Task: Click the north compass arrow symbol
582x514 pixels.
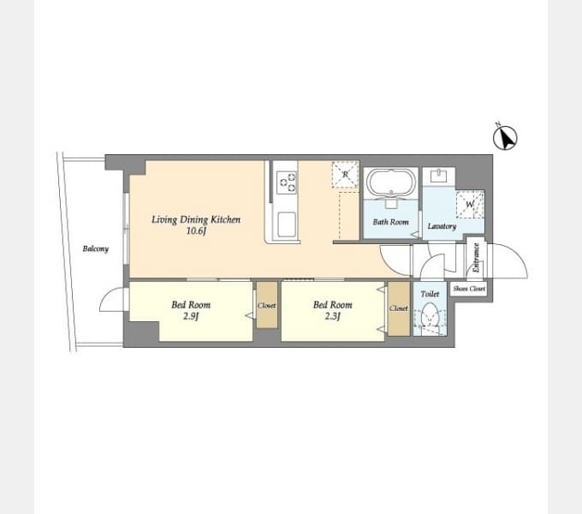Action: (505, 138)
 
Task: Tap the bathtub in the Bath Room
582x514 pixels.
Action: (391, 182)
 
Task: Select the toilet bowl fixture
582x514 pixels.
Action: (430, 319)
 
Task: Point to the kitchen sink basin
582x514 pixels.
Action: (287, 224)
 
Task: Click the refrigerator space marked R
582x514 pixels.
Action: (346, 175)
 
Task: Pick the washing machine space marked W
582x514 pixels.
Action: (470, 204)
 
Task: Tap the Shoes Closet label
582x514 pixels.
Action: (469, 289)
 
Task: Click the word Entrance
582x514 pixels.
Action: (477, 257)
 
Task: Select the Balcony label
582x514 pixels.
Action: (96, 248)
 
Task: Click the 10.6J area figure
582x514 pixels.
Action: (196, 231)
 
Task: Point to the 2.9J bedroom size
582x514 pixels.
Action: (191, 316)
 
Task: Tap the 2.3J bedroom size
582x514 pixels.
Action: (333, 316)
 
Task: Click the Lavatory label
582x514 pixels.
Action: (442, 226)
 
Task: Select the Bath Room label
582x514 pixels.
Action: (391, 222)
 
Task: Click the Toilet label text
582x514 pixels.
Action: (430, 294)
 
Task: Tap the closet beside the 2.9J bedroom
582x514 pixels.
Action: (267, 305)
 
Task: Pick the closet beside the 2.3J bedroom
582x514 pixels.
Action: (399, 308)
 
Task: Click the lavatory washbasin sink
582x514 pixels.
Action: (439, 176)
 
